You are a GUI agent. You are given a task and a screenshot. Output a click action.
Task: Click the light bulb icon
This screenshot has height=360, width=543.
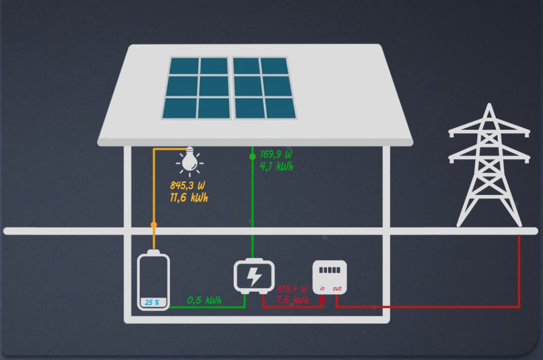(189, 160)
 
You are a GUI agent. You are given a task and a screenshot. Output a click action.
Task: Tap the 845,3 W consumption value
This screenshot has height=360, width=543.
(187, 186)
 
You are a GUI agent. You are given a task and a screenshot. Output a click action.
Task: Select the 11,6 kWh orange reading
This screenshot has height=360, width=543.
(189, 198)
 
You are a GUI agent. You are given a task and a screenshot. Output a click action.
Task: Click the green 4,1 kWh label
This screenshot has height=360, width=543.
(276, 167)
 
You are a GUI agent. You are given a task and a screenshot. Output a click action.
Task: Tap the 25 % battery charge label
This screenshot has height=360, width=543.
(152, 302)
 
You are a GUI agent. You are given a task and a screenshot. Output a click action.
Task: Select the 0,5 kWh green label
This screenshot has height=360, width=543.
(204, 300)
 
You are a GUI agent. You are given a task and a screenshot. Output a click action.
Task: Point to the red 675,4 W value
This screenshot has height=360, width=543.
(292, 289)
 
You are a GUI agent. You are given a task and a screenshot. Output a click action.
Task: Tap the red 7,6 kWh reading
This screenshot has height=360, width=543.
(293, 300)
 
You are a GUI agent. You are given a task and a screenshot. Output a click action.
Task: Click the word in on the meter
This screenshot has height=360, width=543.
(322, 289)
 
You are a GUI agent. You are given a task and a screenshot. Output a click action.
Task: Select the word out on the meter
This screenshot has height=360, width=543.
(337, 289)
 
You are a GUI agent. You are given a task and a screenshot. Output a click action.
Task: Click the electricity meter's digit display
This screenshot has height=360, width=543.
(329, 271)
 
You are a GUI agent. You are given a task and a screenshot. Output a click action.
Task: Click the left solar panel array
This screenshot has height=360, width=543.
(197, 88)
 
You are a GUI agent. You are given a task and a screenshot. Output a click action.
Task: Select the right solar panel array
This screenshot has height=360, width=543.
(264, 88)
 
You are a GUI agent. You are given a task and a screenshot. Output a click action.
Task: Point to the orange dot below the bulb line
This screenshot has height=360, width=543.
(154, 225)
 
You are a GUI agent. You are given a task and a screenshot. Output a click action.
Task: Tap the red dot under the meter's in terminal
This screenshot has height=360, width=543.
(322, 300)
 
